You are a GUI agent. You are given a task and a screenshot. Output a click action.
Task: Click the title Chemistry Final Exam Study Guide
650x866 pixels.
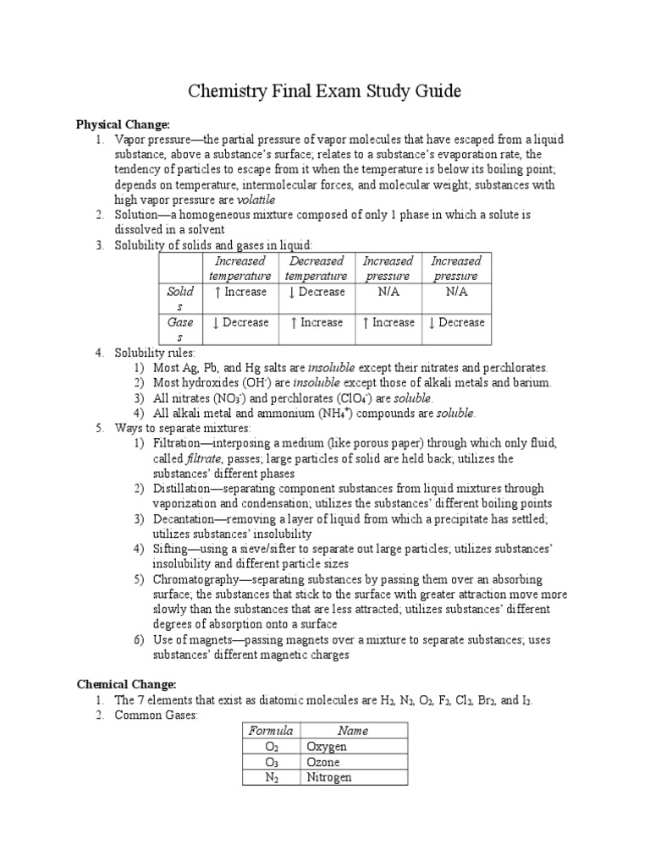click(325, 91)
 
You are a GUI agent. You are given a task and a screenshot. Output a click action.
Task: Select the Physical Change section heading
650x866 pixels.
click(123, 124)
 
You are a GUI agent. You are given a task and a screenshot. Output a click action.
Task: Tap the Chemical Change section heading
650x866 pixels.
click(126, 683)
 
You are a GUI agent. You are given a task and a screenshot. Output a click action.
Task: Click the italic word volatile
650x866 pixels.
click(256, 200)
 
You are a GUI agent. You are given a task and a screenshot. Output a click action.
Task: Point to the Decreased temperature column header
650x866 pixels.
click(316, 268)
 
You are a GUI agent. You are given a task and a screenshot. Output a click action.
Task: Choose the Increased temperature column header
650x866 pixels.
click(240, 268)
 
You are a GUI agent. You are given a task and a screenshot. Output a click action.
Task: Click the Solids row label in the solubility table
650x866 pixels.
click(179, 299)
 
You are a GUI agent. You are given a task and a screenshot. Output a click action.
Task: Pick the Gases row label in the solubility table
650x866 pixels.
click(179, 329)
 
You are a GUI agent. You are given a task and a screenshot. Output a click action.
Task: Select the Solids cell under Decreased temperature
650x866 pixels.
click(316, 292)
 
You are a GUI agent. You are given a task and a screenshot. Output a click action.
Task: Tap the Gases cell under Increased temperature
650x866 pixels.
click(240, 322)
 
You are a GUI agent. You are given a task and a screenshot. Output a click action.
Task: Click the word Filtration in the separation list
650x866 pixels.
click(182, 443)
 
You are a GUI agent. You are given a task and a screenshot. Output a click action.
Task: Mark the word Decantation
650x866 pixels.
click(185, 519)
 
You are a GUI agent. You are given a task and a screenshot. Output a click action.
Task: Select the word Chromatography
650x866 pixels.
click(197, 580)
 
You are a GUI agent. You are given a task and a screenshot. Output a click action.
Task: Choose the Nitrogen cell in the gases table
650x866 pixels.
click(329, 777)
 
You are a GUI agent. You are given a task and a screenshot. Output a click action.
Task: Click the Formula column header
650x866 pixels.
click(271, 731)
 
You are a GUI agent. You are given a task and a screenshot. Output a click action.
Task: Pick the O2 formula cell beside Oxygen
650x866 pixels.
click(271, 747)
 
